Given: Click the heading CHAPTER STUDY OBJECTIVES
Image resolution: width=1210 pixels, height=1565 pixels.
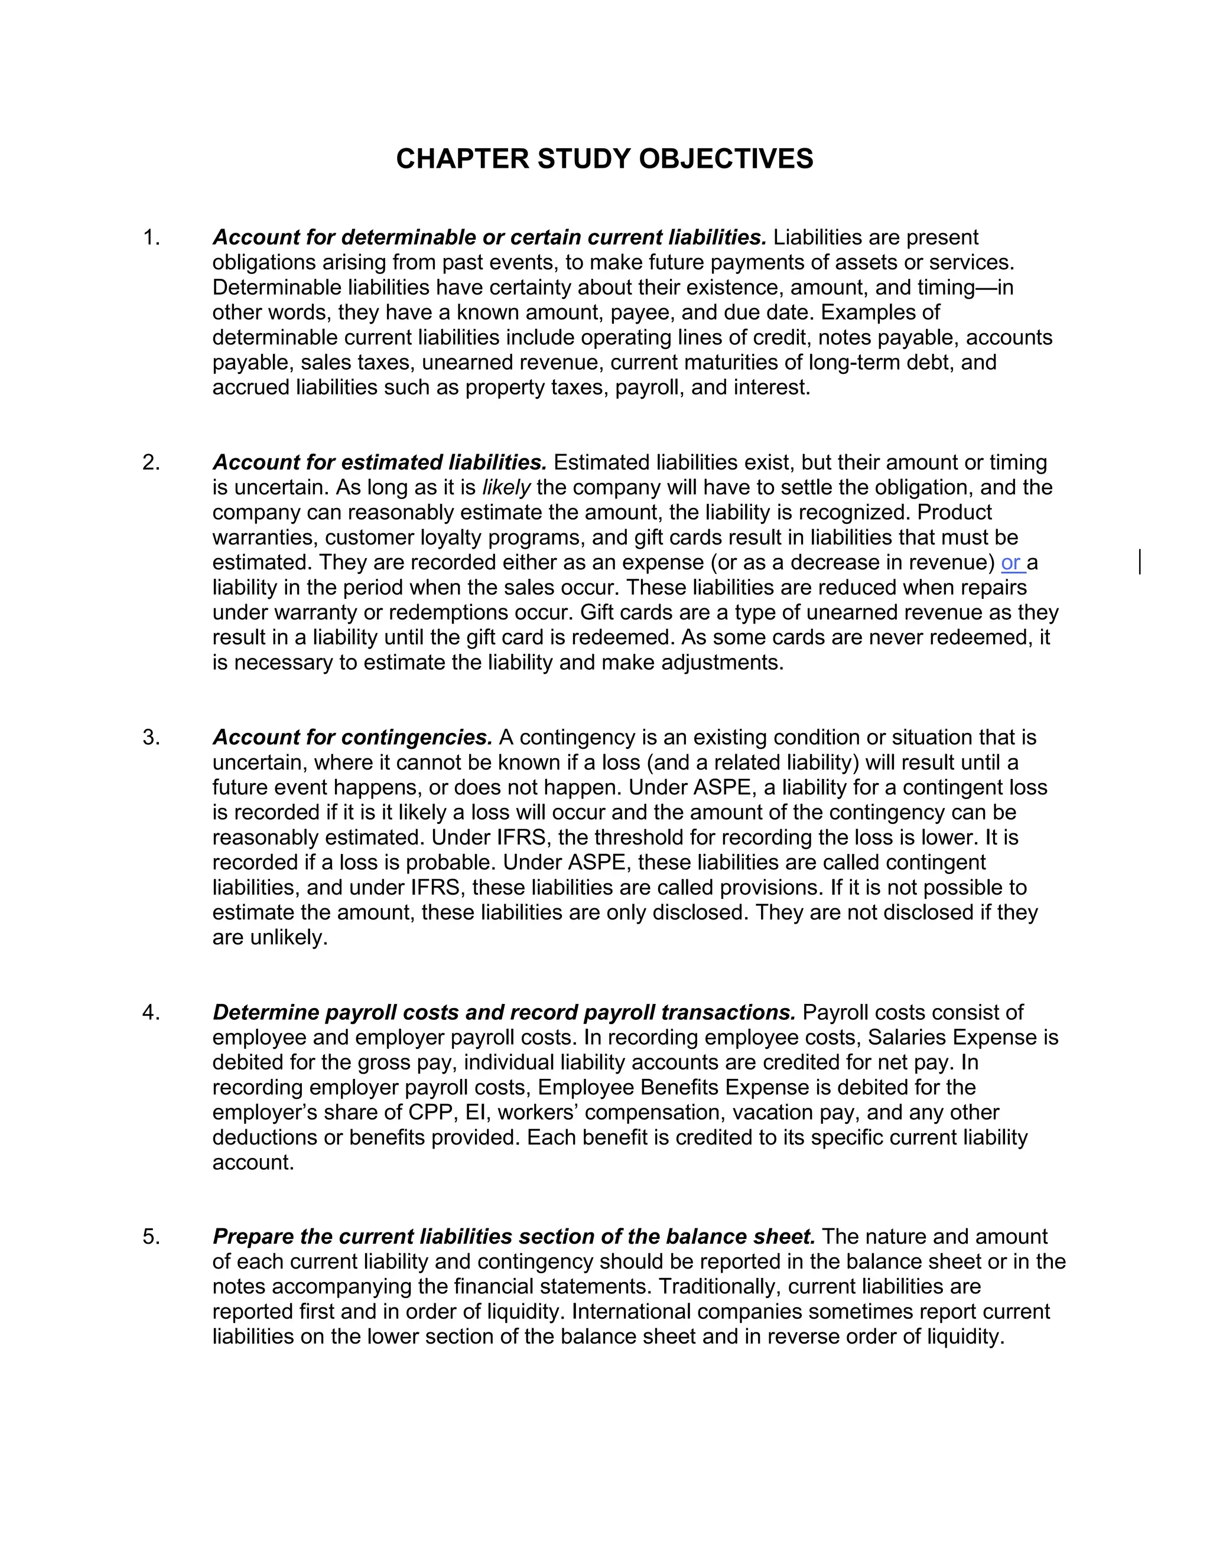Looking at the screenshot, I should click(x=604, y=159).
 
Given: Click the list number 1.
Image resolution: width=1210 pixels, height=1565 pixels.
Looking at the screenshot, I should click(x=151, y=237).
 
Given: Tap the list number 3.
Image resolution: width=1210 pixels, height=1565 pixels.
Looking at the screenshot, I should click(x=151, y=738).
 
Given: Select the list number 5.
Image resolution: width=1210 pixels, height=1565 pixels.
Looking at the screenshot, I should click(x=151, y=1237).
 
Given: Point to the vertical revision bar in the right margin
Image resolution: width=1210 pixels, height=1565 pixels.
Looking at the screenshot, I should click(x=1139, y=562).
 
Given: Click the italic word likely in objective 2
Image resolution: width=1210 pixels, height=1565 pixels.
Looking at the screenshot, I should click(x=506, y=488).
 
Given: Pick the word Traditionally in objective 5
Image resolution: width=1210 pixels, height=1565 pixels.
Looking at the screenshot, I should click(x=717, y=1287).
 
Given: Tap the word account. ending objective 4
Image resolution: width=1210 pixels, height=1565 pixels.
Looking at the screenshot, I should click(x=253, y=1162).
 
